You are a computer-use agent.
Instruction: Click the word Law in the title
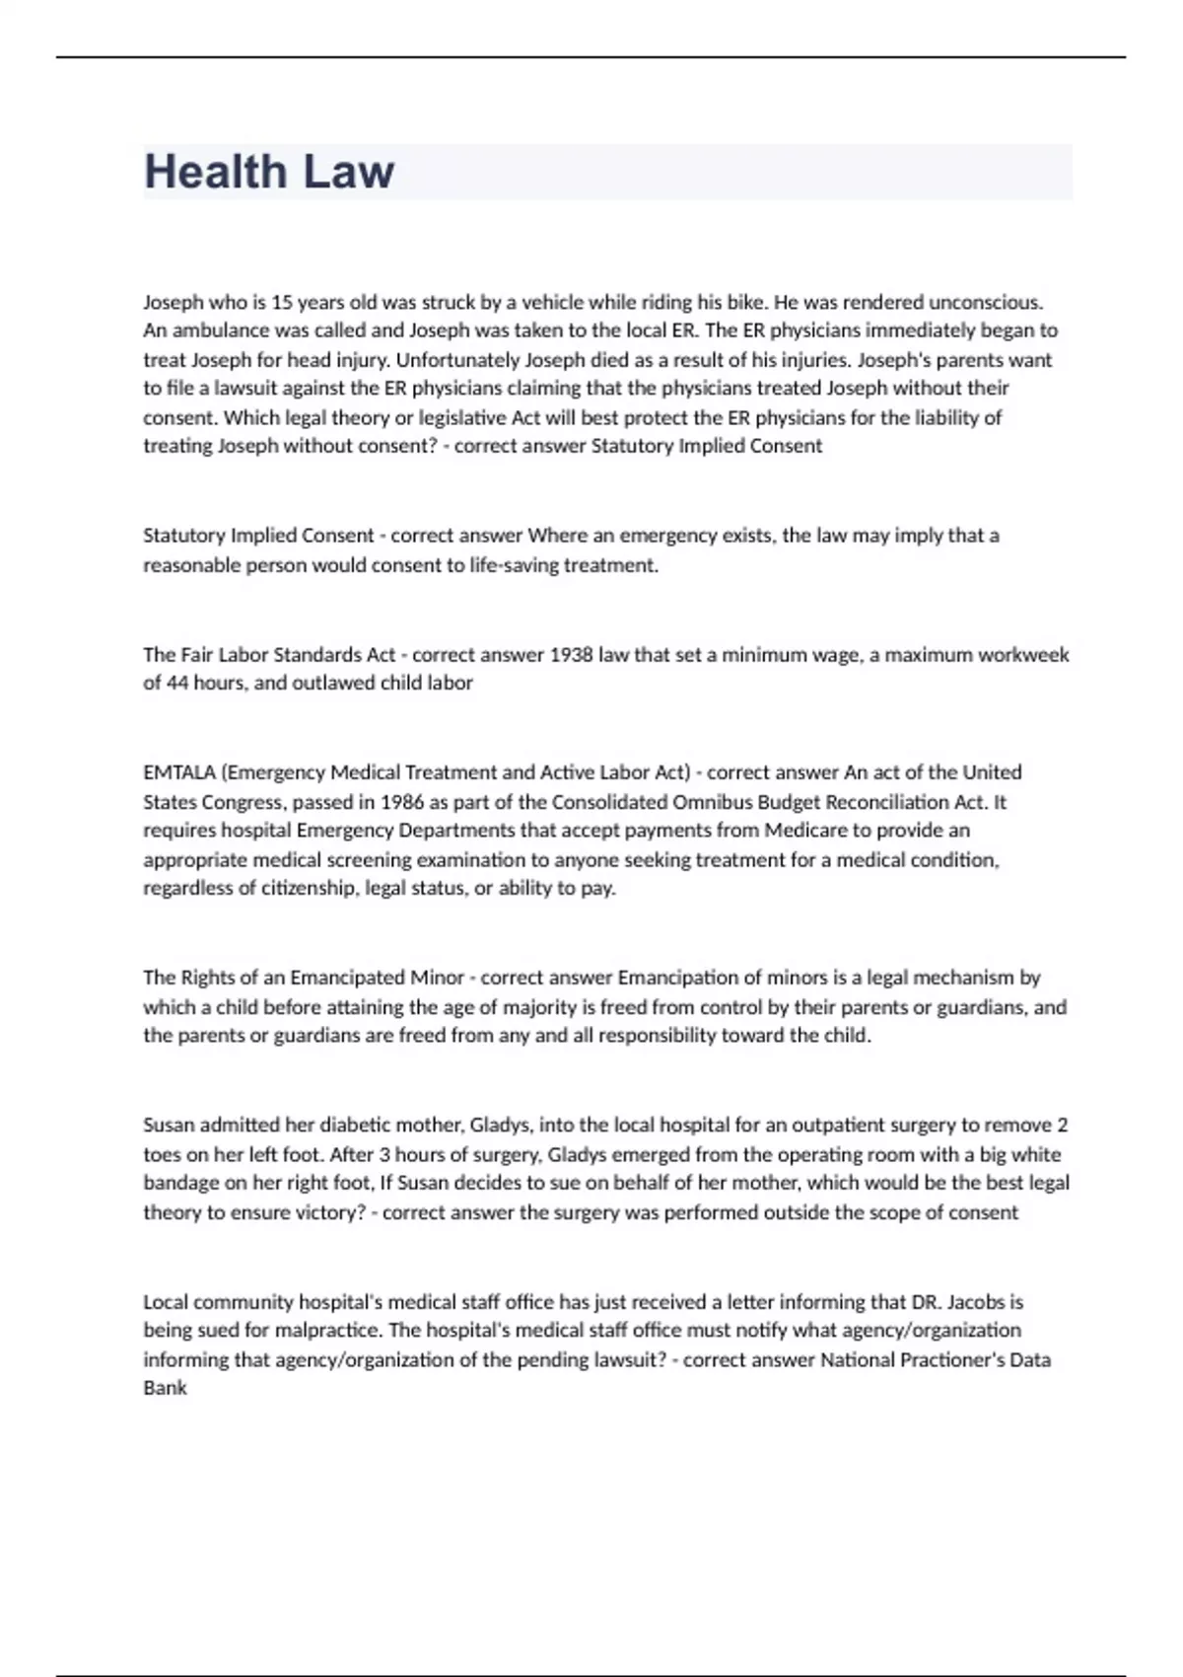point(348,172)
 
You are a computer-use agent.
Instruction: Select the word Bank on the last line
point(165,1388)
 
